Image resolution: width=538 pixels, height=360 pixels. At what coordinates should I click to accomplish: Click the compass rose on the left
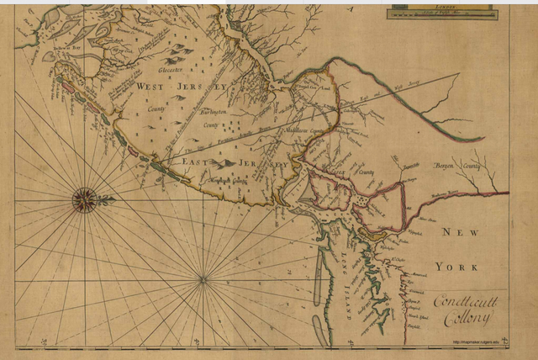[86, 199]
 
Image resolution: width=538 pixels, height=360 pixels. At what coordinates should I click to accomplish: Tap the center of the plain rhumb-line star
[203, 279]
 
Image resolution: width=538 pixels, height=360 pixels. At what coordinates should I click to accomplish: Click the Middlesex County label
[305, 131]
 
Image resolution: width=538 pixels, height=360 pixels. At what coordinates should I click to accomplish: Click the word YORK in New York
[456, 267]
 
